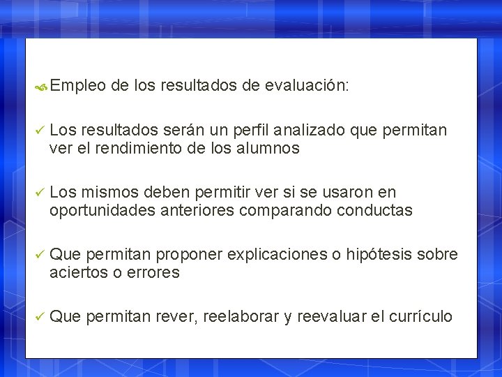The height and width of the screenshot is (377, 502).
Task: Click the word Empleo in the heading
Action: [x=78, y=86]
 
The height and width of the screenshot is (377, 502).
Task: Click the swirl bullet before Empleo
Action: [x=41, y=87]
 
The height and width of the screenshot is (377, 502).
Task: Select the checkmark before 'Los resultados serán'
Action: [x=40, y=131]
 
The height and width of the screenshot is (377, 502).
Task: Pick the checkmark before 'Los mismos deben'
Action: [x=40, y=193]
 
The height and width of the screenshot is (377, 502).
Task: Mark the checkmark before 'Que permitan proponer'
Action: [x=40, y=255]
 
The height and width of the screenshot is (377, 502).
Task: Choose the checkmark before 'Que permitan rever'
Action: [x=40, y=317]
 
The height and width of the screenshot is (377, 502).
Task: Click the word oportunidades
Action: [x=97, y=210]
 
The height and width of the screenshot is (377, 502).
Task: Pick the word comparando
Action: [x=286, y=210]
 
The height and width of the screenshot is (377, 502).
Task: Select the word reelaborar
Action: [x=243, y=317]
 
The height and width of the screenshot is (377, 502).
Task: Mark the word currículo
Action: [x=420, y=317]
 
